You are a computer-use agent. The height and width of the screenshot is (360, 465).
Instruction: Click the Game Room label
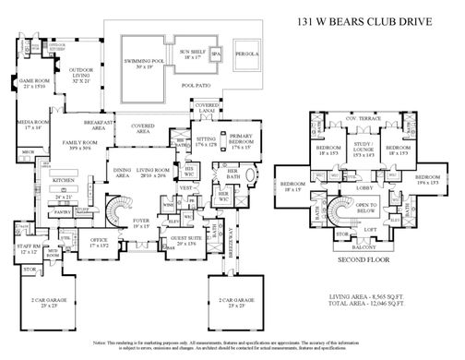point(33,83)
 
